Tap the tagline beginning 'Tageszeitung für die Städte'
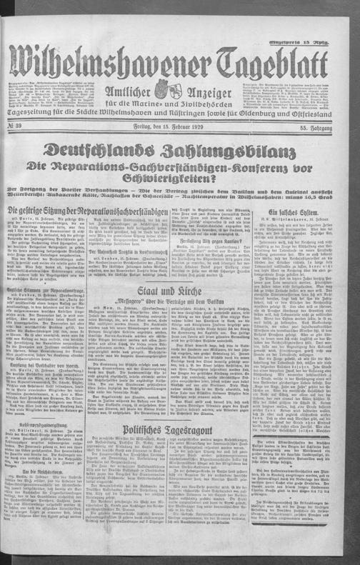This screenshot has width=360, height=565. coord(179,109)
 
